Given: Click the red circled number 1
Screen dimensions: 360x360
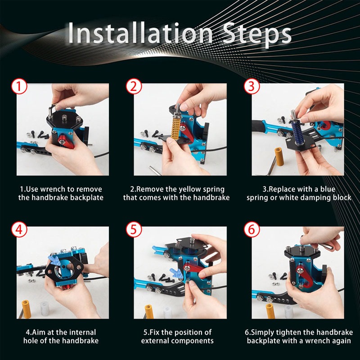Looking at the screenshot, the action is click(19, 86).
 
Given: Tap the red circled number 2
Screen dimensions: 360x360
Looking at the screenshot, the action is click(134, 86).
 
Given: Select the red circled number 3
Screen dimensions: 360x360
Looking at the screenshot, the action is click(252, 86).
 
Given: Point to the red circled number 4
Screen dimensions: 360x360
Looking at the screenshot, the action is click(19, 229).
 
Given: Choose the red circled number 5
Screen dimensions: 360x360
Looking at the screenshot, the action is click(134, 229).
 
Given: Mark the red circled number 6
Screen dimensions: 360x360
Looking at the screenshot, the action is click(252, 229).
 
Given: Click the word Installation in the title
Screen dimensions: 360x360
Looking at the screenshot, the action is click(140, 33).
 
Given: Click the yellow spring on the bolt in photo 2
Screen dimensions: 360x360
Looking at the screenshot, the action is click(177, 126).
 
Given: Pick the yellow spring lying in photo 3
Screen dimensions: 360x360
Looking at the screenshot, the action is click(279, 157).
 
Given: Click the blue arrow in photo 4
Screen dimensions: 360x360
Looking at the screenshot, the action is click(54, 261).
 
